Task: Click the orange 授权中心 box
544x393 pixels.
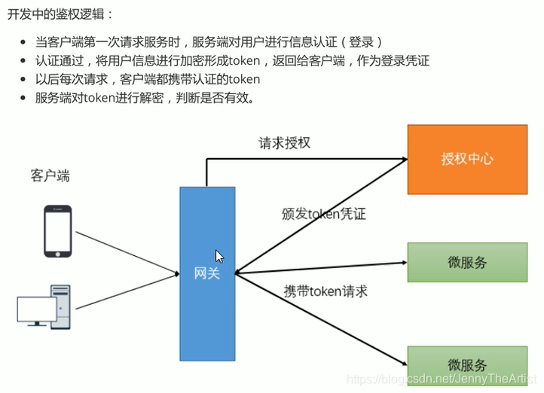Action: coord(467,160)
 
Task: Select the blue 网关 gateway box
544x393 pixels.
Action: coord(206,273)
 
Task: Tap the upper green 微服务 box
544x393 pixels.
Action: coord(467,262)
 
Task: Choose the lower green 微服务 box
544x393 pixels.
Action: coord(467,366)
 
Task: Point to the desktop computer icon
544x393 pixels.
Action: coord(44,306)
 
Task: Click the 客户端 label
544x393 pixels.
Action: coord(50,175)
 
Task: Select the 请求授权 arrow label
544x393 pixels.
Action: coord(284,142)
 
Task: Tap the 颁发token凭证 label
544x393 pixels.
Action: coord(323,214)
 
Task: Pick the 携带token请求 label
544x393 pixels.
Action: coord(325,291)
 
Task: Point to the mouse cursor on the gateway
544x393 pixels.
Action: coord(219,256)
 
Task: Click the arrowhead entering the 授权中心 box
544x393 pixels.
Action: coord(403,159)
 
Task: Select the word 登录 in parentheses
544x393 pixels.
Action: coord(366,41)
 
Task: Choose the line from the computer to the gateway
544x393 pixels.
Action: coord(128,292)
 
